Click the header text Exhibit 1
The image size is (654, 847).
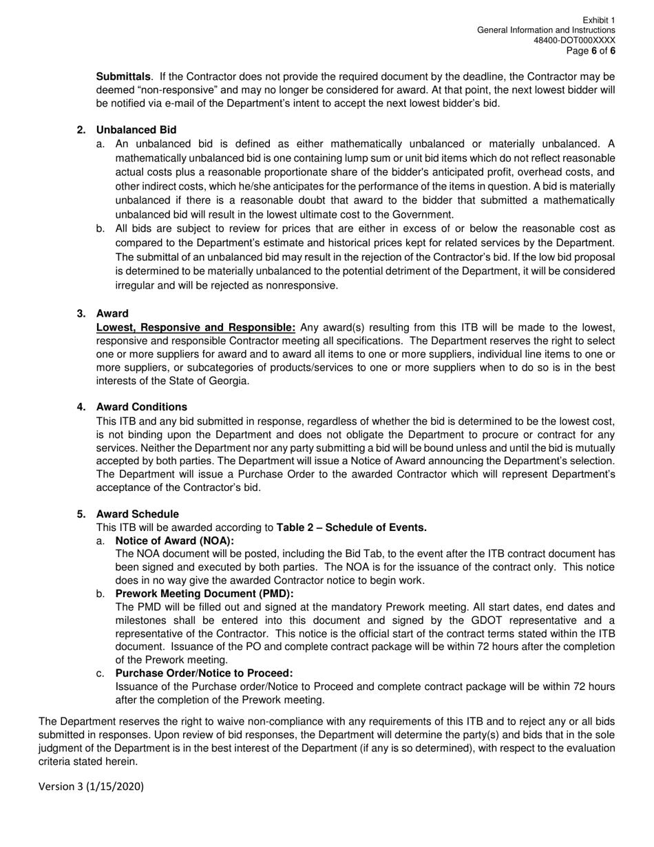[x=598, y=20]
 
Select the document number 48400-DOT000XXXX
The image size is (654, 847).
[x=574, y=41]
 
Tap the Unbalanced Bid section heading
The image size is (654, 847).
[x=136, y=130]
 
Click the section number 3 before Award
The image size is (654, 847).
[x=81, y=313]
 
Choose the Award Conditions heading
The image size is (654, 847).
[x=141, y=407]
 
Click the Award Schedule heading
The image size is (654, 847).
[x=137, y=514]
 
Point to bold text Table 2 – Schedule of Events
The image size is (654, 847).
[x=351, y=527]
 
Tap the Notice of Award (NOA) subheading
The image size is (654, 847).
[x=175, y=541]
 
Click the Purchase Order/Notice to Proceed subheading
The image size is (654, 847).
[x=204, y=673]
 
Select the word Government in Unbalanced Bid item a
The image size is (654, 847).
[x=425, y=214]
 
